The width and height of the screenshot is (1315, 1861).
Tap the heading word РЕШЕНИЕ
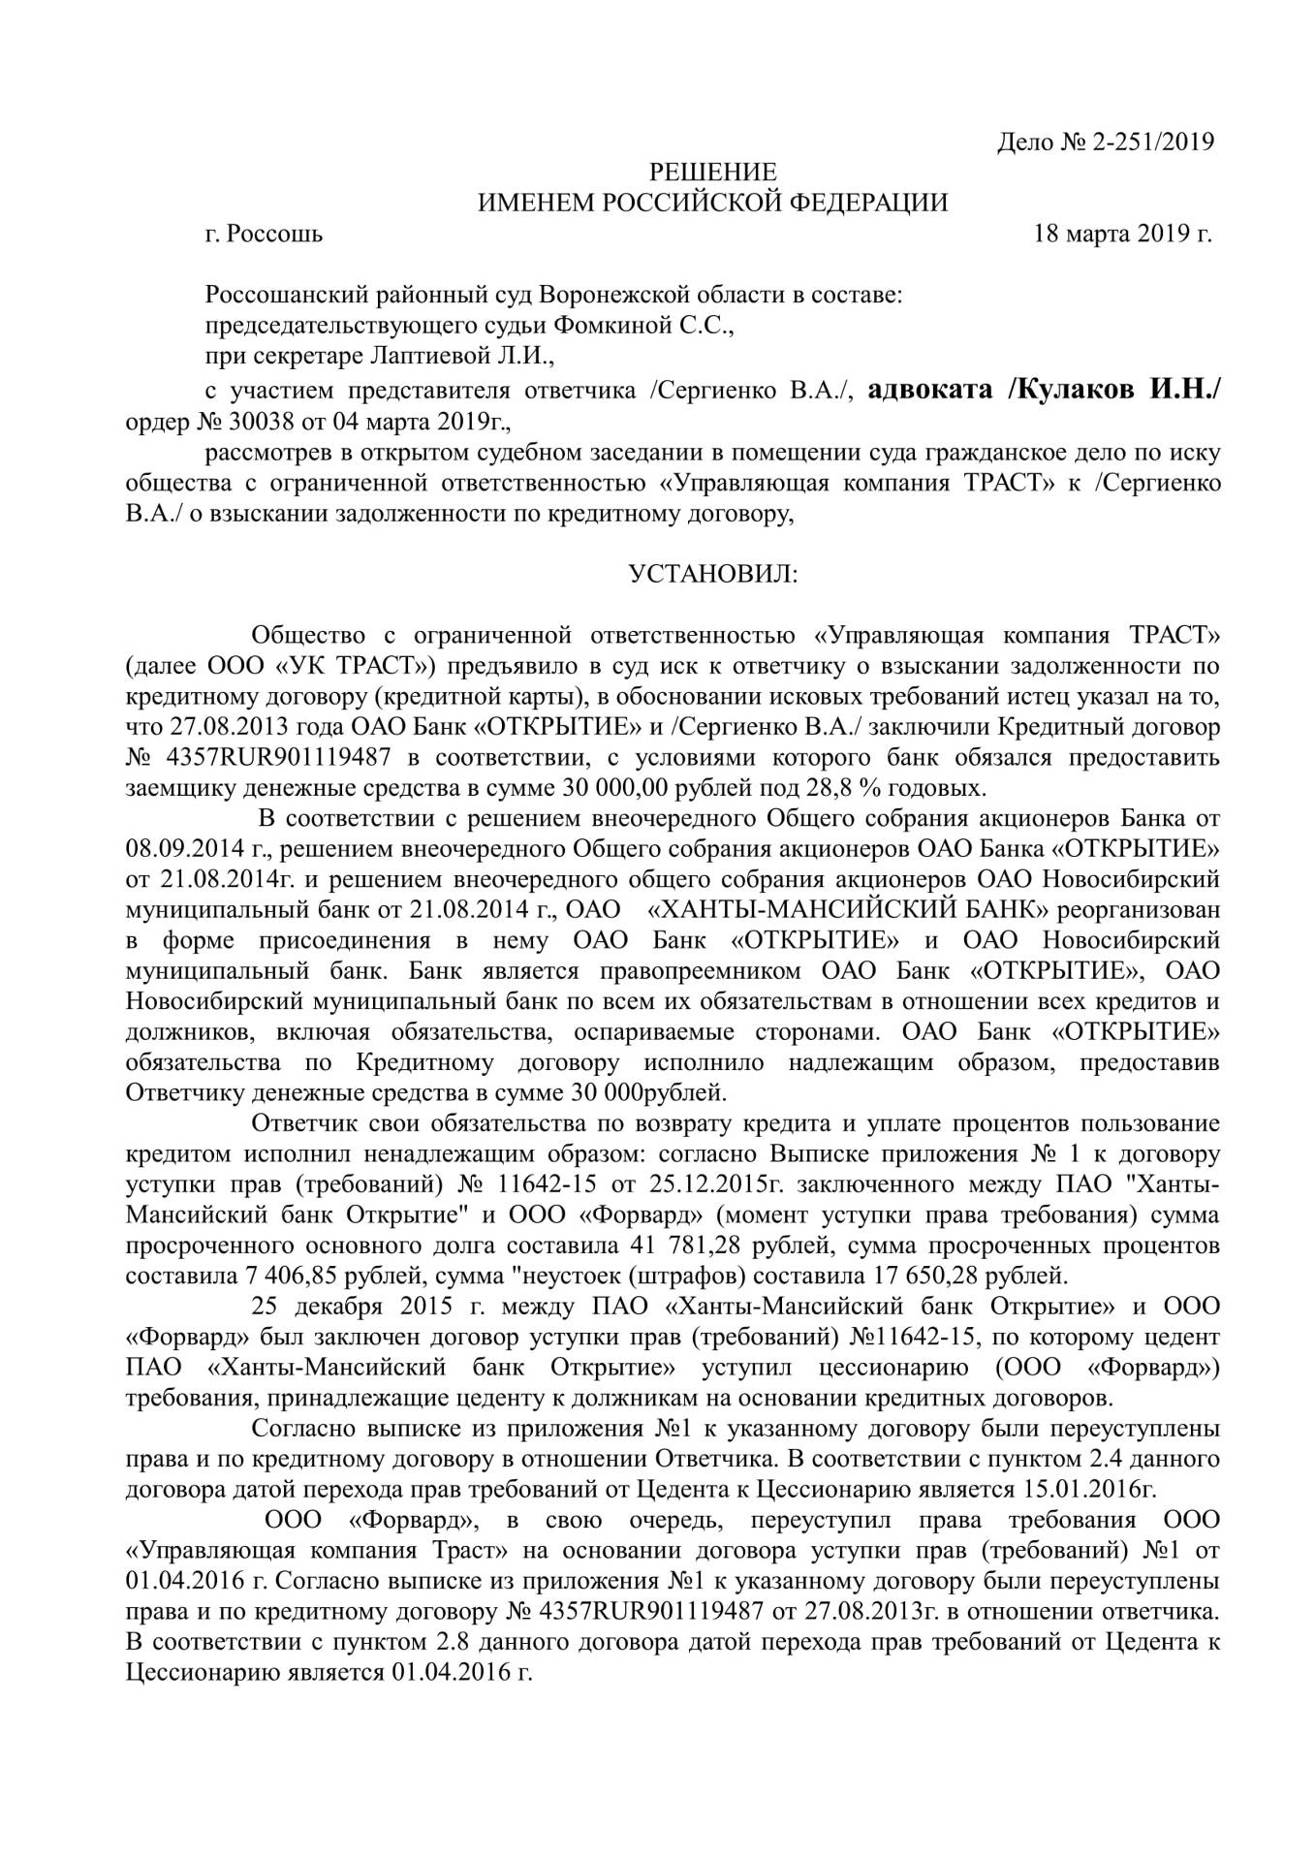coord(712,173)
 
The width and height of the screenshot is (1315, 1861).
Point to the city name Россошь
coord(276,234)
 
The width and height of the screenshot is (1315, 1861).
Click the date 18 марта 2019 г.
coord(1123,234)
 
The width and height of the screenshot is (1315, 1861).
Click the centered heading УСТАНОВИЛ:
coord(713,574)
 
